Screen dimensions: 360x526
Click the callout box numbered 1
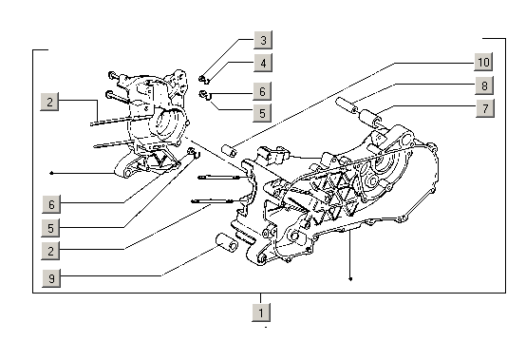(262, 311)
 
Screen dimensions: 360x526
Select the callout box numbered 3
(263, 40)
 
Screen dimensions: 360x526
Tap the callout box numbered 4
(263, 63)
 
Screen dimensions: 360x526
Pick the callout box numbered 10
(483, 62)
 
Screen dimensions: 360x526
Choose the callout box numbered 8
(483, 86)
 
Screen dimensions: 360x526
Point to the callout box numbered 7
(483, 109)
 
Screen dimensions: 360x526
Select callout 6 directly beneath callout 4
(263, 91)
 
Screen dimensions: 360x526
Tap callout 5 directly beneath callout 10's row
(263, 113)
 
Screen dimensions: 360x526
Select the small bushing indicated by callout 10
(229, 148)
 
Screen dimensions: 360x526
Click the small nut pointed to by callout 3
(203, 77)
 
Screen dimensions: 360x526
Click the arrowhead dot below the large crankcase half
(351, 279)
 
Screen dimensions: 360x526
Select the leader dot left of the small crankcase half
(51, 173)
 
